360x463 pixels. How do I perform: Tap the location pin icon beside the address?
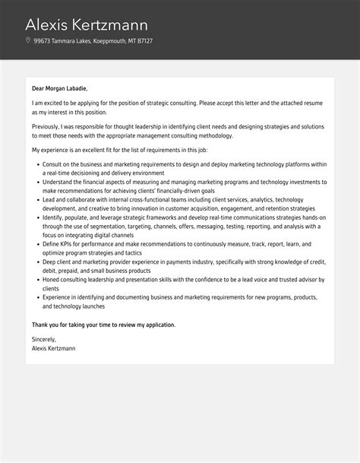pos(28,40)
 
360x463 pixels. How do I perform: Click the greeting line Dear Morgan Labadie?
pos(65,88)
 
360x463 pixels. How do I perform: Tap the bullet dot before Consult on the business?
pos(36,163)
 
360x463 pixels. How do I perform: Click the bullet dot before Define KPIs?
pos(36,244)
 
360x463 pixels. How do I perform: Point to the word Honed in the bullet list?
pos(52,280)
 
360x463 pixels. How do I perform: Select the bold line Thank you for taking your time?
pos(103,325)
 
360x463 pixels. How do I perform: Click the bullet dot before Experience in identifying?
pos(36,298)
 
